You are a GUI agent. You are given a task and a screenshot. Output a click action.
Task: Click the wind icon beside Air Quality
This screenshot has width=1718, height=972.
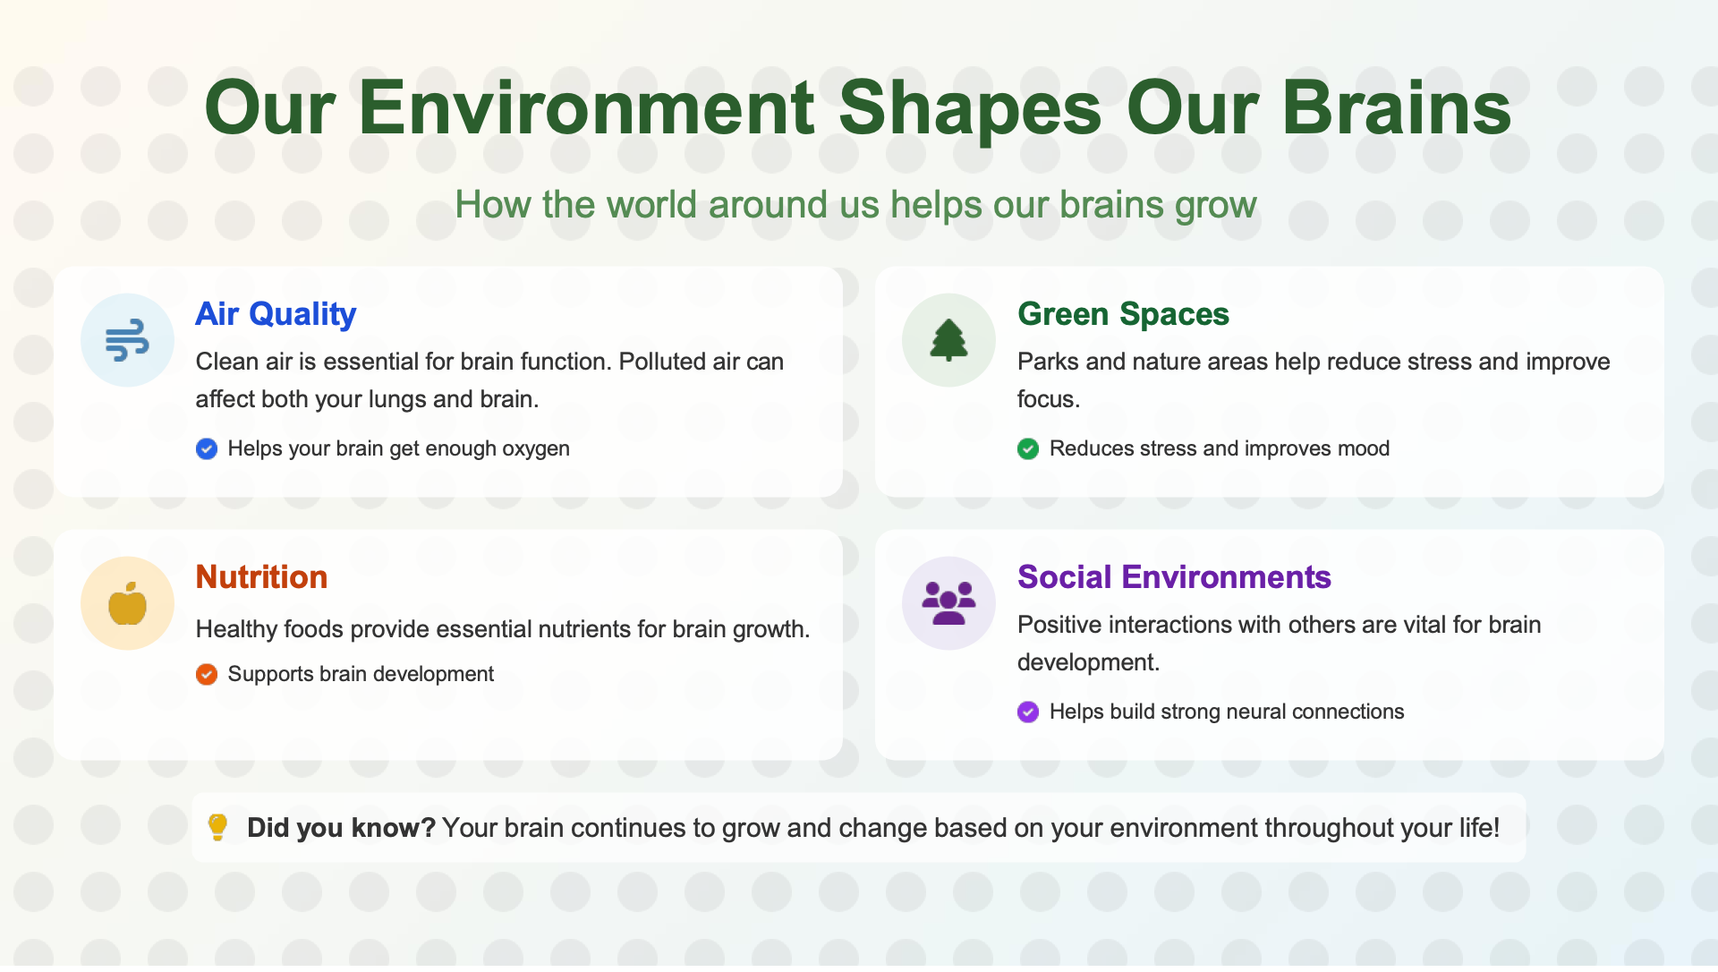[x=127, y=340]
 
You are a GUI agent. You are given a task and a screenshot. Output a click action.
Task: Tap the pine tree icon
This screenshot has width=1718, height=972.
[x=948, y=340]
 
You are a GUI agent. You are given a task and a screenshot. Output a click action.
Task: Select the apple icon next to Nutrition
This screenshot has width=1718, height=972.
[x=127, y=602]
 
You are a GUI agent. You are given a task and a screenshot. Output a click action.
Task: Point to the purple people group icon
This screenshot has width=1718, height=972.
[x=948, y=602]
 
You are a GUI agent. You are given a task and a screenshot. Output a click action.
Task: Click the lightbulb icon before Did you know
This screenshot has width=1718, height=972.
[x=217, y=827]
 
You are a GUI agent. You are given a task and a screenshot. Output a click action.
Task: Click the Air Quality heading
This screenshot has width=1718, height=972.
[x=276, y=314]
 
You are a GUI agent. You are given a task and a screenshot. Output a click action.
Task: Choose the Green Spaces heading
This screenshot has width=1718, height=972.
[x=1123, y=314]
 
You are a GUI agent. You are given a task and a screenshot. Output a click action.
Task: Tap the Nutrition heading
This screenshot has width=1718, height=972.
[x=261, y=577]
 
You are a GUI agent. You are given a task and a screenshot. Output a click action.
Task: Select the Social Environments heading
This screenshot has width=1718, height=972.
[x=1174, y=577]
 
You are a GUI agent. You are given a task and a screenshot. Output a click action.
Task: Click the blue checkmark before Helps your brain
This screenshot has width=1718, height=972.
[x=207, y=448]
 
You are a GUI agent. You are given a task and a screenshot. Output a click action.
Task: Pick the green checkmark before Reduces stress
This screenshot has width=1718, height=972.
[x=1028, y=448]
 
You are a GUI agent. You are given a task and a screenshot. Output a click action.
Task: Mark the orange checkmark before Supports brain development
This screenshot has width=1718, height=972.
[x=207, y=674]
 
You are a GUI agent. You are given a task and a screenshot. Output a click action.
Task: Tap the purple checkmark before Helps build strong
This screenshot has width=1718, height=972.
[x=1028, y=712]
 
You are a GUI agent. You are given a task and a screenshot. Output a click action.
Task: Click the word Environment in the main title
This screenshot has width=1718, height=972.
[x=587, y=108]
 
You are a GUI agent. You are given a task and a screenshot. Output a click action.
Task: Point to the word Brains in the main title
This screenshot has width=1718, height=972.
[x=1397, y=108]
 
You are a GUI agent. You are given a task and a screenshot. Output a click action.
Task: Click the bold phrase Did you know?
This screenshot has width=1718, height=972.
[x=341, y=828]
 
